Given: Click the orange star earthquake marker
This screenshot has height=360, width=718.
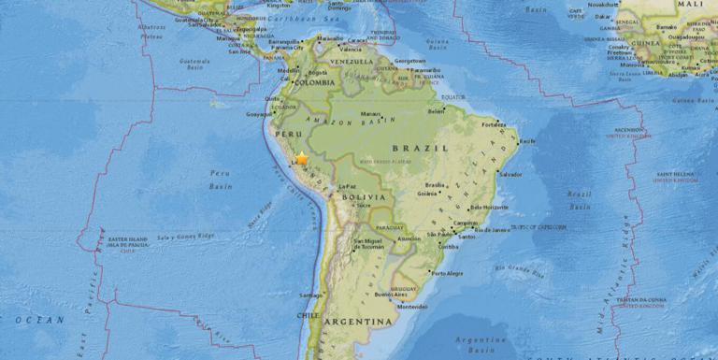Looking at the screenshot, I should point(301,159).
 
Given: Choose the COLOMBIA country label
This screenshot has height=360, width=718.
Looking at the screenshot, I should point(317,81).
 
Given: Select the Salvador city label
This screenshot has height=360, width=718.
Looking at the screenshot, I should point(510,174).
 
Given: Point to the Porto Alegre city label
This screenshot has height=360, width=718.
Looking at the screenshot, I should point(447,273).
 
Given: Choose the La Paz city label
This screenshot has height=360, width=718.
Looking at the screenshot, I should point(347,185).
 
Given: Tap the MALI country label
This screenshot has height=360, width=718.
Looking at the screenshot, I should point(694,6).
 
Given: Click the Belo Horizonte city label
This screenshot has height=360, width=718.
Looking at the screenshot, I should point(490,207).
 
